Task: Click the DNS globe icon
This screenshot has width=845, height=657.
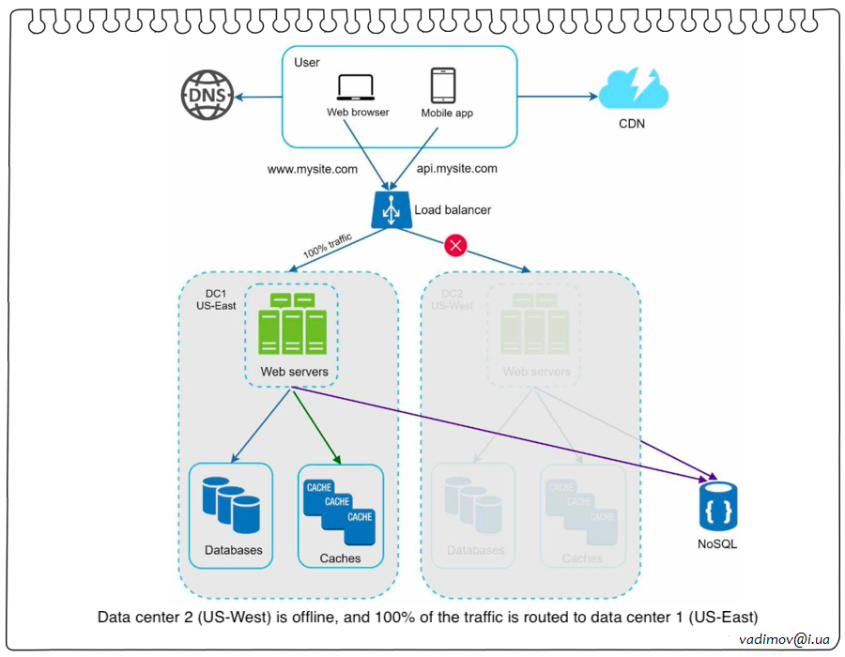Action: click(x=206, y=97)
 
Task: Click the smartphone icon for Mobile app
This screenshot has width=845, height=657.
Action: click(x=443, y=85)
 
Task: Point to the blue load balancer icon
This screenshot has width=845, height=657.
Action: click(x=392, y=211)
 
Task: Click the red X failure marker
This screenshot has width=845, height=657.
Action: click(x=455, y=246)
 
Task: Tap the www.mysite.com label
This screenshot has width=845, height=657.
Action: click(x=313, y=170)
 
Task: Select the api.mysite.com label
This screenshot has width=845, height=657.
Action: click(x=457, y=170)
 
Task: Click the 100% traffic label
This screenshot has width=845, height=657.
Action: click(x=328, y=247)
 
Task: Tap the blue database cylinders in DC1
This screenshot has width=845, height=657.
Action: click(x=231, y=505)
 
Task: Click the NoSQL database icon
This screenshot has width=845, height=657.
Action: click(x=718, y=507)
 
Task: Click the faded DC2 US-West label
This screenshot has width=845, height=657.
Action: click(x=452, y=299)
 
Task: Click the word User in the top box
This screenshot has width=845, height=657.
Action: click(x=307, y=63)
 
